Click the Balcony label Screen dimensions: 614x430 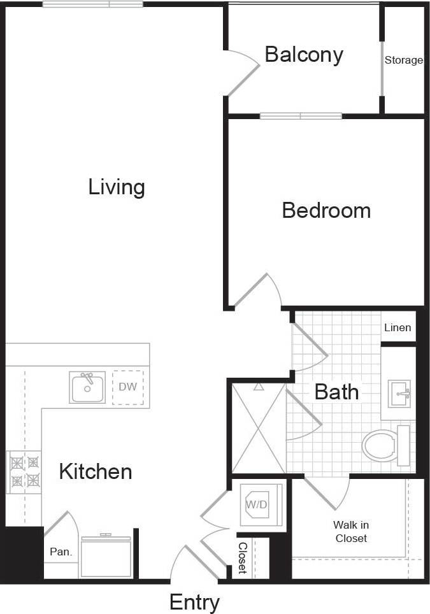tap(304, 55)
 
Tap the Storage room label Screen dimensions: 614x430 tap(403, 60)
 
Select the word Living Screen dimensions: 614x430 tap(117, 187)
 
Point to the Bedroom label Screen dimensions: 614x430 tap(326, 210)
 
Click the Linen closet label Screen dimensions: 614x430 tap(398, 328)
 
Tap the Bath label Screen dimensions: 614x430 tap(336, 392)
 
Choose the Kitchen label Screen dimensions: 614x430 tap(96, 471)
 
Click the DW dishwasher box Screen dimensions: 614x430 tap(128, 387)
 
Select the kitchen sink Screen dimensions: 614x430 tap(88, 387)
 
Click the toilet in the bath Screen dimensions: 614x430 tap(383, 445)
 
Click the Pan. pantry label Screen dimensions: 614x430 tap(61, 552)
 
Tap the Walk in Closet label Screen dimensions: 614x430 tap(350, 532)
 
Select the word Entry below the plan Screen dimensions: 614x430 tap(194, 602)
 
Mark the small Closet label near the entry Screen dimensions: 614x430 tap(242, 557)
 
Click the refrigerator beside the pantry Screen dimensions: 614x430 tap(106, 557)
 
